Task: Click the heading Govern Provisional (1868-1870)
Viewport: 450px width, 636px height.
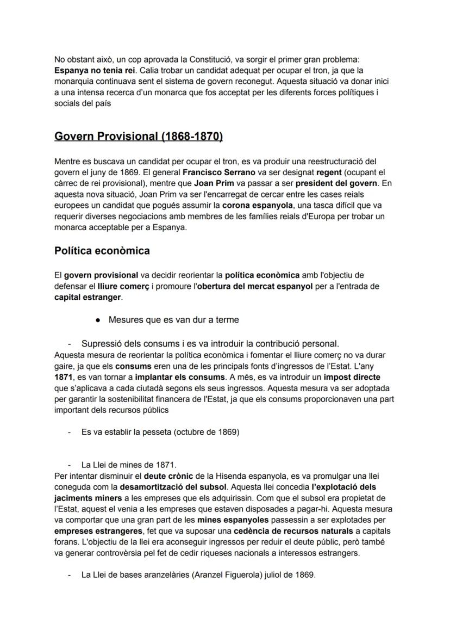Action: pyautogui.click(x=139, y=136)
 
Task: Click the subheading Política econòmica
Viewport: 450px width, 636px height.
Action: pyautogui.click(x=102, y=251)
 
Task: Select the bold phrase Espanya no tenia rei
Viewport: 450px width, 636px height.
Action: pyautogui.click(x=95, y=70)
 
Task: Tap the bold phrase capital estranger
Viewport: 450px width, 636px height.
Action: pyautogui.click(x=88, y=298)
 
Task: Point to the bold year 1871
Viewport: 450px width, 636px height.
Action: pyautogui.click(x=63, y=377)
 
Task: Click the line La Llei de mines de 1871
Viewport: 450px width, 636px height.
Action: pyautogui.click(x=129, y=465)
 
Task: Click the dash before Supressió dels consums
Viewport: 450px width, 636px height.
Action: pyautogui.click(x=70, y=344)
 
